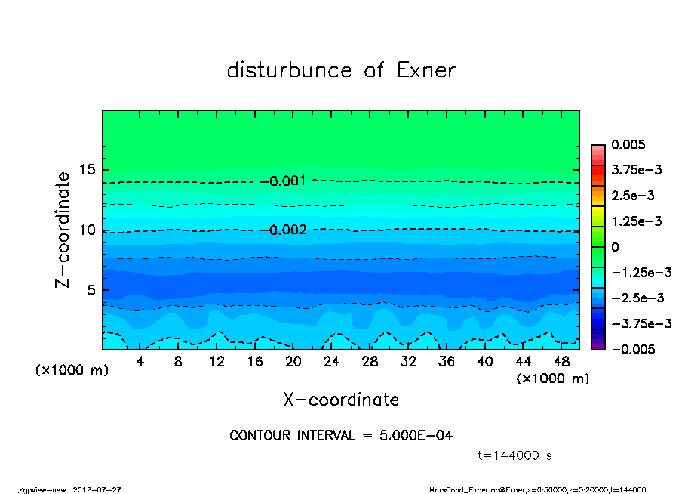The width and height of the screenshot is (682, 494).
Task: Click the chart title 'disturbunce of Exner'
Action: (341, 71)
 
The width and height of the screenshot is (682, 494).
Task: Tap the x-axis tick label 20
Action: (293, 362)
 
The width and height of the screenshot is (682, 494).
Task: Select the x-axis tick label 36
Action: (447, 362)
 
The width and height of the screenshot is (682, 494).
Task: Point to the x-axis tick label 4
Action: (140, 362)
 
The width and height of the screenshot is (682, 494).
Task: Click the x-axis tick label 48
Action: (561, 362)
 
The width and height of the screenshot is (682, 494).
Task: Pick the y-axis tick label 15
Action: (88, 170)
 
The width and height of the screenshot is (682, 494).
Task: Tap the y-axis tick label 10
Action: (88, 230)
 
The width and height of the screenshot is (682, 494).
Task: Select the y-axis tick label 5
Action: (93, 290)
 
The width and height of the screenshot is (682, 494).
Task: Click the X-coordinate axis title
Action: (341, 400)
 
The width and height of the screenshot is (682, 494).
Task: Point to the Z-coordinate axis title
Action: (63, 230)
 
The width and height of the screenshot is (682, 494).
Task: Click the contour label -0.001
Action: (287, 181)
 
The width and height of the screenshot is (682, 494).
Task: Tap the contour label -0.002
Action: (287, 230)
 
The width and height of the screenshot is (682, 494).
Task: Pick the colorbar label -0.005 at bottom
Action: (631, 349)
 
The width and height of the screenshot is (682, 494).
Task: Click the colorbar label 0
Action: (615, 247)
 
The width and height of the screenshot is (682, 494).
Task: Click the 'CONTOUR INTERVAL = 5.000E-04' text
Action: (341, 436)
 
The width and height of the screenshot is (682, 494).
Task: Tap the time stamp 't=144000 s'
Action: (515, 455)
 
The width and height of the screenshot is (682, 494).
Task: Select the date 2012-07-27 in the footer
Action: (97, 489)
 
